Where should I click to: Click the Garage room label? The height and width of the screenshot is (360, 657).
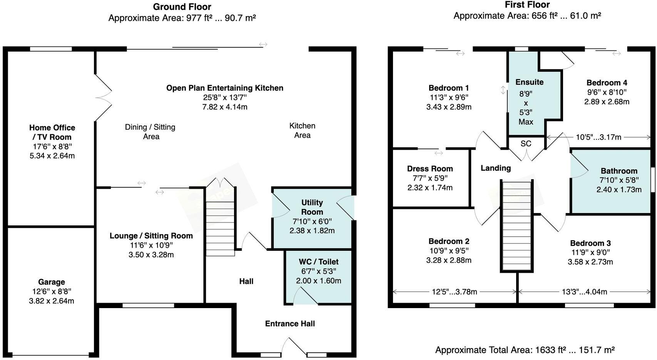51,282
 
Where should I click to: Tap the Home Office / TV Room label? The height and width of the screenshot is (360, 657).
52,132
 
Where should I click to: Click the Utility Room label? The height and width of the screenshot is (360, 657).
312,207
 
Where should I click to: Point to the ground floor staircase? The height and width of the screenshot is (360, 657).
220,227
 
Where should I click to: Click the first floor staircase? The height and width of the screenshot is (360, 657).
517,227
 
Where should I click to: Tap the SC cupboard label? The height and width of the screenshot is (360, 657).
526,143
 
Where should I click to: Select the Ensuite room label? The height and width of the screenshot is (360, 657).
529,82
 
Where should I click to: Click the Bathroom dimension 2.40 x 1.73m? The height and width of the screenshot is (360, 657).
619,190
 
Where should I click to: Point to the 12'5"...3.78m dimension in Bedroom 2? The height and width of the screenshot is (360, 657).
454,292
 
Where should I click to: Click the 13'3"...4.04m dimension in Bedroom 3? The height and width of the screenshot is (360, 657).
584,292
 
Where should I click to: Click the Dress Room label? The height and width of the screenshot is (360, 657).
430,169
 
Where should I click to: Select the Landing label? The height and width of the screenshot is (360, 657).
495,168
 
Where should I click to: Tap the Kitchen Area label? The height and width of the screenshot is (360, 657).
302,130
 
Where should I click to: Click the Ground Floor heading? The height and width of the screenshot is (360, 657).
182,7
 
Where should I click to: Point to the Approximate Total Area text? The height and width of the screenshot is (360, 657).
525,350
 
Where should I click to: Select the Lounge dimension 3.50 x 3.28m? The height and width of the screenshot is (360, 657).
151,255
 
